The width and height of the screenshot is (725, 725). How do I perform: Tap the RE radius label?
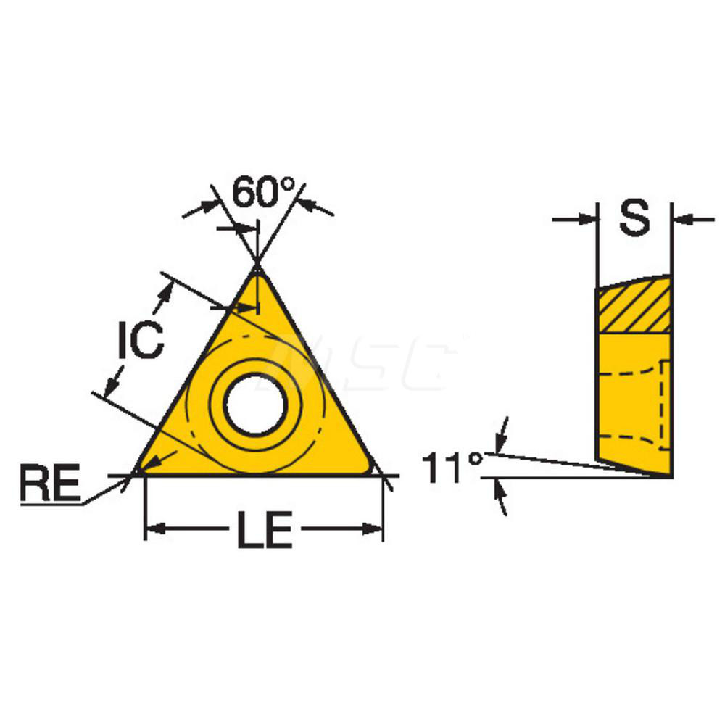(49, 484)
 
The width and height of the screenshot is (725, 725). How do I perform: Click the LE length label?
(263, 531)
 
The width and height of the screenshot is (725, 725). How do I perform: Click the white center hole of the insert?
(254, 405)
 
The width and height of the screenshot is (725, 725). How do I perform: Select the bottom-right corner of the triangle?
(373, 471)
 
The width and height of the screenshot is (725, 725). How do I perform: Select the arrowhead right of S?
(681, 217)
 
